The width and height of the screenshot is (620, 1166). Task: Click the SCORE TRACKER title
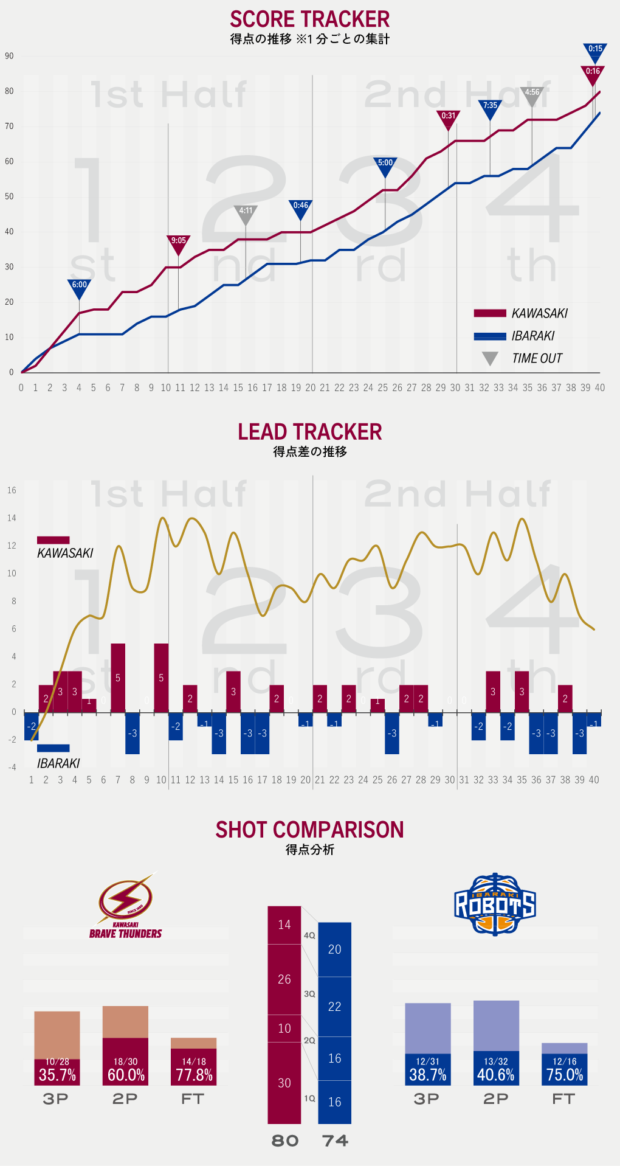point(309,19)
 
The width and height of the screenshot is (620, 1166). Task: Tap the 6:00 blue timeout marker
point(79,287)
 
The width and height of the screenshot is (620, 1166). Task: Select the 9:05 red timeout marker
point(179,243)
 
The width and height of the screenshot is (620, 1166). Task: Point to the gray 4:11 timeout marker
point(246,213)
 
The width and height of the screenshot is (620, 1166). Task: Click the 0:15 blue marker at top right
point(595,51)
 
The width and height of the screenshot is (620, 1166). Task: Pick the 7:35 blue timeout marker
point(490,108)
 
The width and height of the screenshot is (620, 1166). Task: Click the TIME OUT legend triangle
point(490,358)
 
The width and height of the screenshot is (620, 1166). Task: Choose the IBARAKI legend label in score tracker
point(533,336)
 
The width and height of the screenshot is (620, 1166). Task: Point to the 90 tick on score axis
point(9,56)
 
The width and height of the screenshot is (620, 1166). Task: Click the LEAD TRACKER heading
point(309,432)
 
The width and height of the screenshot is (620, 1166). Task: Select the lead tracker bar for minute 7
point(118,678)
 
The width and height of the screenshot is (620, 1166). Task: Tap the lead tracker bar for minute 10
point(161,678)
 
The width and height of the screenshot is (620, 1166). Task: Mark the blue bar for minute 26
point(392,733)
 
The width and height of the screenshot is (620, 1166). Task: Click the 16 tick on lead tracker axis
point(12,490)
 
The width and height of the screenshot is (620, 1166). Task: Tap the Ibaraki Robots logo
point(495,904)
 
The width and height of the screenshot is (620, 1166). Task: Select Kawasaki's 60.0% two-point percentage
point(126,1075)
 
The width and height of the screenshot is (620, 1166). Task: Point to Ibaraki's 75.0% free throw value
point(565,1075)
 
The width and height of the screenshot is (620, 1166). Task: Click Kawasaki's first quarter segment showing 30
point(284,1083)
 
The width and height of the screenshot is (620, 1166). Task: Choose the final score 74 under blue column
point(335,1140)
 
